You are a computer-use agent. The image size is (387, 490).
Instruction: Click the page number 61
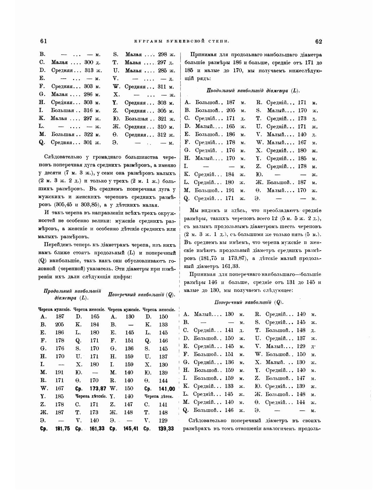pyautogui.click(x=43, y=41)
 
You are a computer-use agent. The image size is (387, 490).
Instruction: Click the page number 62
pyautogui.click(x=318, y=41)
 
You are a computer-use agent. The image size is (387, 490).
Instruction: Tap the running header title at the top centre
pyautogui.click(x=182, y=41)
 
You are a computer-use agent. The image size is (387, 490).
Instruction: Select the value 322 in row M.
pyautogui.click(x=88, y=134)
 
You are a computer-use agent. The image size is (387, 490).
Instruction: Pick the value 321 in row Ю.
pyautogui.click(x=163, y=119)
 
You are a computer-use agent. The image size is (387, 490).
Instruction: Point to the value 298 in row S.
pyautogui.click(x=163, y=54)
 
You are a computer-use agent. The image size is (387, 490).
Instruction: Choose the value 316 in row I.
pyautogui.click(x=88, y=111)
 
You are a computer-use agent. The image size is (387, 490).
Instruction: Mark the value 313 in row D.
pyautogui.click(x=89, y=70)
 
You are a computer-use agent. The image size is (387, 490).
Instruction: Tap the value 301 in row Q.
pyautogui.click(x=88, y=142)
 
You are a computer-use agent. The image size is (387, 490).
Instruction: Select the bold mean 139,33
pyautogui.click(x=166, y=429)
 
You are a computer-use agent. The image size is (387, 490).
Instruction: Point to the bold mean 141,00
pyautogui.click(x=167, y=389)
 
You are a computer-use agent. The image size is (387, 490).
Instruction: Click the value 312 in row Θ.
pyautogui.click(x=163, y=135)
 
